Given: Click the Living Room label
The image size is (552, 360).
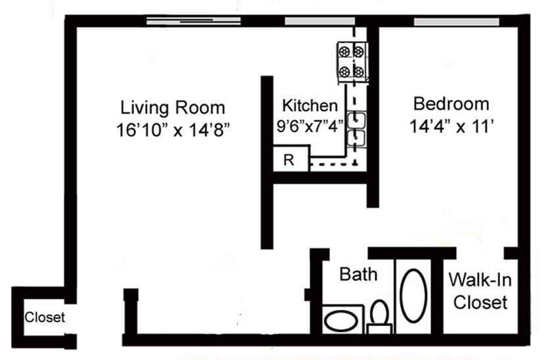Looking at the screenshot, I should (x=172, y=107).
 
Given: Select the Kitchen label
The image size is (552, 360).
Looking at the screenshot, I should (x=310, y=105).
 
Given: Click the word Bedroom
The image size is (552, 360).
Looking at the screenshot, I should (x=451, y=104).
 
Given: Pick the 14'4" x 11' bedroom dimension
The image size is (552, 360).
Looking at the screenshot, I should (x=451, y=126).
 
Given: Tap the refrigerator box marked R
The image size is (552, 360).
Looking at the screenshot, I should (x=289, y=159).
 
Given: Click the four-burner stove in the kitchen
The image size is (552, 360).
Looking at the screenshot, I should (x=352, y=60).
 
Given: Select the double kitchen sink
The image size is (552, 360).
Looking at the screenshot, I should (x=359, y=129).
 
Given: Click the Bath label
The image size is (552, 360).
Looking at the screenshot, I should (x=358, y=274).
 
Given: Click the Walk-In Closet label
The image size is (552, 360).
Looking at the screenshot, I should (x=480, y=291).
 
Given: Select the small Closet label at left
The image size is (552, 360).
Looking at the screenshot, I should (x=45, y=318).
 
